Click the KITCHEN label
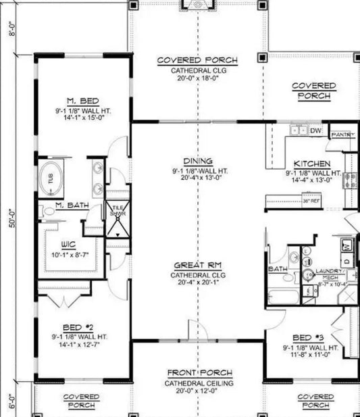311,164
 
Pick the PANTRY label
342,135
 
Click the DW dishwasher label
315,130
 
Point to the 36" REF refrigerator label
311,201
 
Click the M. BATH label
70,205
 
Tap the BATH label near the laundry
278,268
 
